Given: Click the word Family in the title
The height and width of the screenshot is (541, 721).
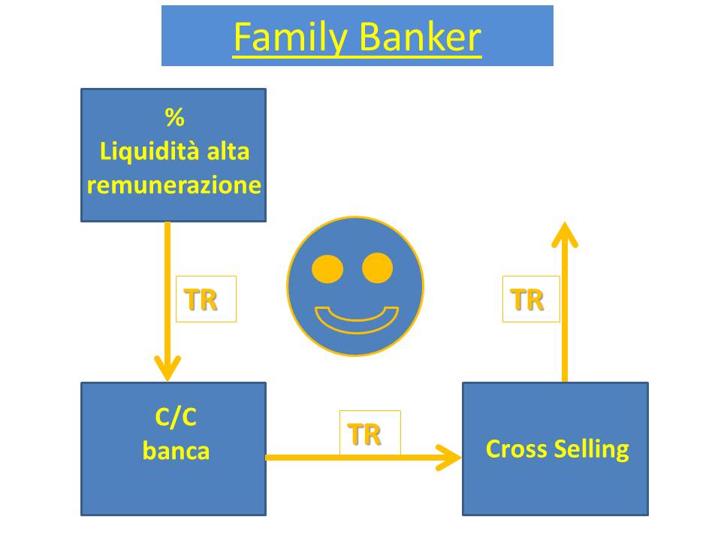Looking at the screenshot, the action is [291, 38].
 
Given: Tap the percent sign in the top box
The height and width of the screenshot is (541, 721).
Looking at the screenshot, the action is [175, 117].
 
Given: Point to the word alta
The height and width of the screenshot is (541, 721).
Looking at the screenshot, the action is [228, 151].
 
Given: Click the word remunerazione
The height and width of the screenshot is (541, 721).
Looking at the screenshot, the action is [173, 185].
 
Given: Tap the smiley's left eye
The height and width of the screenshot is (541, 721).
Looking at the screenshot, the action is [327, 269].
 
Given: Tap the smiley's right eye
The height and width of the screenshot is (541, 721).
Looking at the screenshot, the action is [377, 267].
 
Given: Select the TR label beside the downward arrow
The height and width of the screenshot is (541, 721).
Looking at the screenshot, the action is [201, 300].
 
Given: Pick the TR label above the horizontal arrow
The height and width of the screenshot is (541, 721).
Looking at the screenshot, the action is [364, 434].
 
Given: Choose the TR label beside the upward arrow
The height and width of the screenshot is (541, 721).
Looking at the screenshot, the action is [527, 300].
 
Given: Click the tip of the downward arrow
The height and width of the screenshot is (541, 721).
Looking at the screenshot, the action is [167, 380].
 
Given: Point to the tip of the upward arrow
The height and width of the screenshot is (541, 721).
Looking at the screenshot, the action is [565, 223].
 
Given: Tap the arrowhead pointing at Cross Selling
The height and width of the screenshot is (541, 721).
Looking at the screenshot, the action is [460, 458].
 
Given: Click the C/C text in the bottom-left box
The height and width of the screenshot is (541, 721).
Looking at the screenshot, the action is [176, 417].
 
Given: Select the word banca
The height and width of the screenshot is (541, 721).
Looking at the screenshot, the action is [176, 451].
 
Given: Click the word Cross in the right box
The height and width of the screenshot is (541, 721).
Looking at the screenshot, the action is [517, 449].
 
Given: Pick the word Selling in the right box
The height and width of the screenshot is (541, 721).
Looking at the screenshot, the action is [592, 450].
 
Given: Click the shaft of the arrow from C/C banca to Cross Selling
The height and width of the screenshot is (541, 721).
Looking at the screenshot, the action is [364, 458].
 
